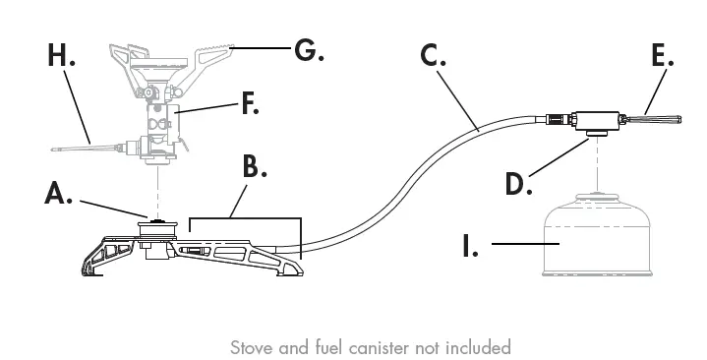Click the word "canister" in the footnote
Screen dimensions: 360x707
pyautogui.click(x=377, y=347)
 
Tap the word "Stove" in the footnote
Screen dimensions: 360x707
pyautogui.click(x=251, y=347)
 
